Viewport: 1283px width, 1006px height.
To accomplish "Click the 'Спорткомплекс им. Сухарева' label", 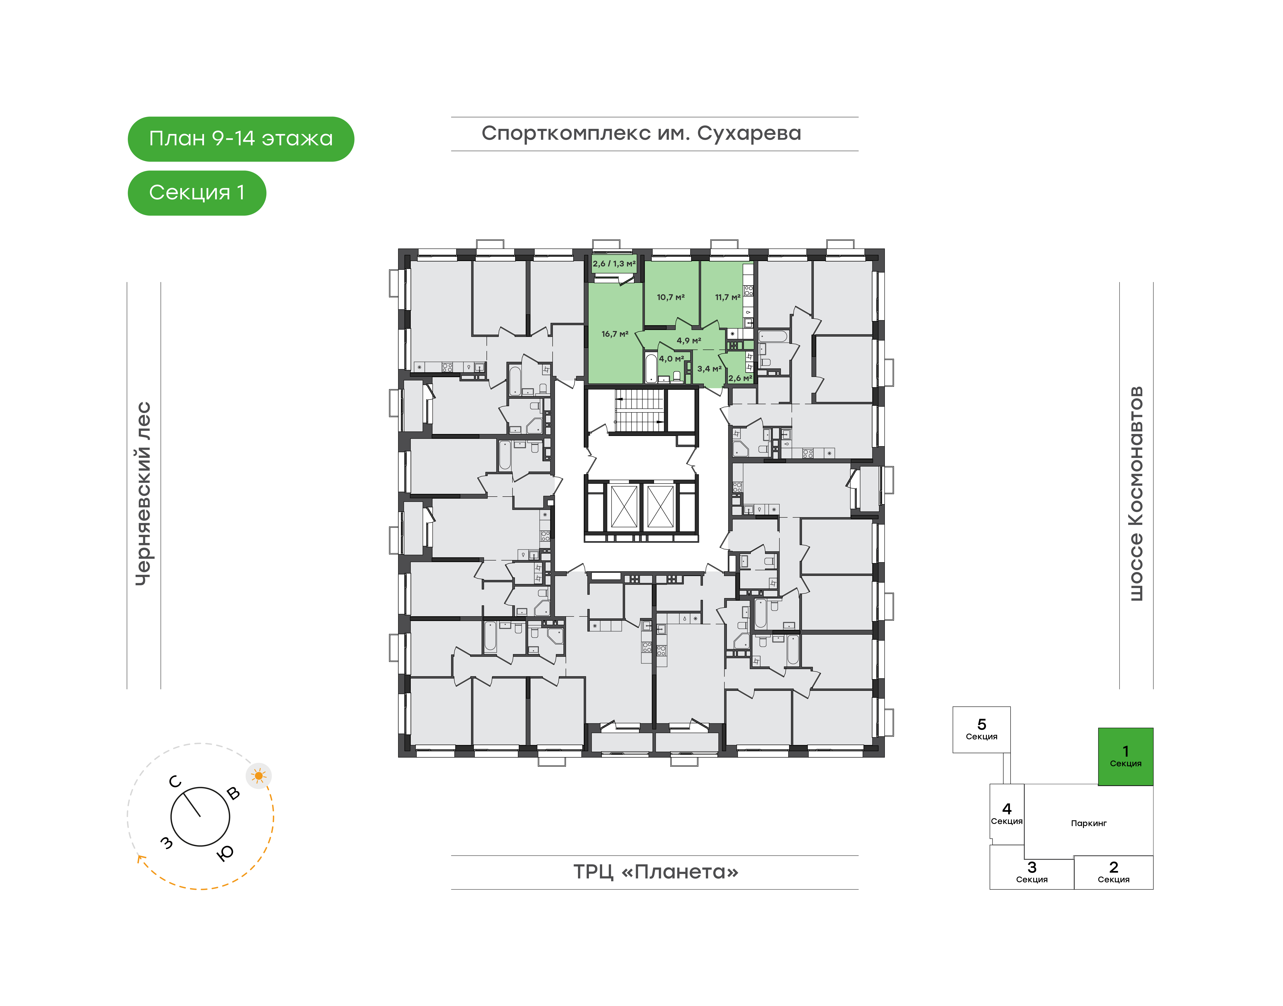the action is coord(641,134).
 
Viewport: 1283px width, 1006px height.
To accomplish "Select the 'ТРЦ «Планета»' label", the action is coord(655,872).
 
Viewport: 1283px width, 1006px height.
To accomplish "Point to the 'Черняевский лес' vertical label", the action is coord(143,494).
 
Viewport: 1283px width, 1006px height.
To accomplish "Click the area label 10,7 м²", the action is coord(671,297).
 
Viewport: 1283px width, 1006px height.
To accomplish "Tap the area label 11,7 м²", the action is coord(727,297).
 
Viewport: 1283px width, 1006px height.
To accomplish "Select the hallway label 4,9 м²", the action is coord(688,340).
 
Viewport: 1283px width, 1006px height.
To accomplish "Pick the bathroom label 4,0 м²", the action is coord(671,359).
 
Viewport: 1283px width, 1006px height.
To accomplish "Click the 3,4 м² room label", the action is coord(709,369).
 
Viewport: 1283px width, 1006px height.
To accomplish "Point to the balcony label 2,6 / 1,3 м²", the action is coord(614,264).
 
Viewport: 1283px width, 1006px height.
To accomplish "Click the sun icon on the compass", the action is coord(258,776).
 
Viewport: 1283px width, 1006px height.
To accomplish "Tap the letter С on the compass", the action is coord(175,782).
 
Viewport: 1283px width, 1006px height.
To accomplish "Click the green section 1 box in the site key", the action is coord(1125,756).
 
